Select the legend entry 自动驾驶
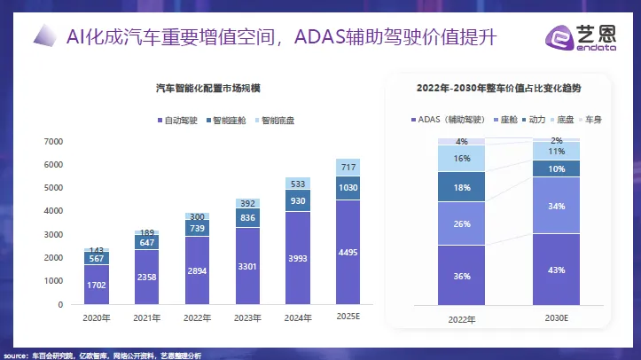click(x=178, y=120)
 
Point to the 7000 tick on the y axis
click(x=52, y=142)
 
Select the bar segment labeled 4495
click(x=348, y=252)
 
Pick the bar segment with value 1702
click(x=97, y=285)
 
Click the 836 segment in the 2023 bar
click(x=247, y=218)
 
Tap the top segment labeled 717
click(x=348, y=168)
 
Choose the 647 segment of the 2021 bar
click(x=147, y=241)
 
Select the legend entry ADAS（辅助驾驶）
click(x=453, y=119)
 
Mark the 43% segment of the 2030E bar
click(x=557, y=270)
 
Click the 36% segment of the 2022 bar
click(x=462, y=276)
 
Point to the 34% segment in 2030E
click(x=557, y=206)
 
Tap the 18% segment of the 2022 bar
click(x=462, y=187)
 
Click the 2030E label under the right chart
click(x=557, y=317)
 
